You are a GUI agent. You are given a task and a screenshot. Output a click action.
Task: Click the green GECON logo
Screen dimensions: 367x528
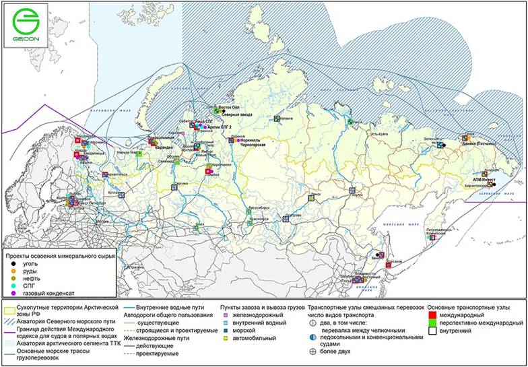[x=26, y=27]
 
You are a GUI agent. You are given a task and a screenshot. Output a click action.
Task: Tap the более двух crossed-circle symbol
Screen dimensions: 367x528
[x=312, y=351]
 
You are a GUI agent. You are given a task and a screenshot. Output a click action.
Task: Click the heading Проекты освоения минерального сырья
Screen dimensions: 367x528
[x=60, y=257]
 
